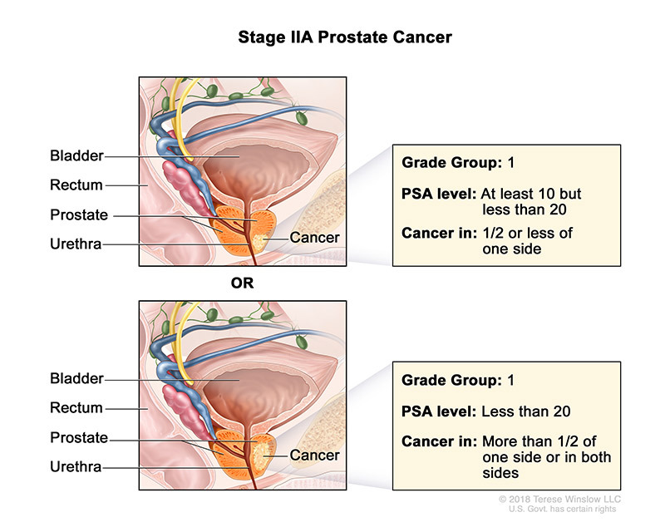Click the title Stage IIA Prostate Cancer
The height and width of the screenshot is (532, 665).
click(332, 38)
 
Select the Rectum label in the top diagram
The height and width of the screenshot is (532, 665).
click(76, 185)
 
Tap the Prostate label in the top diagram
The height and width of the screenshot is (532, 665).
click(78, 215)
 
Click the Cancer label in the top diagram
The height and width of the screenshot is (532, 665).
click(314, 239)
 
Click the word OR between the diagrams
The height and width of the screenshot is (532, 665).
click(241, 283)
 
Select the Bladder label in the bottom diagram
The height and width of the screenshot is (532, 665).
click(77, 379)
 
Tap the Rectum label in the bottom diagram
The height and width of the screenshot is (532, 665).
click(76, 408)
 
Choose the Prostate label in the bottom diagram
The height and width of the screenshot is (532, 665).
click(78, 438)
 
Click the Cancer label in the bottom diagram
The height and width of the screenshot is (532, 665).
click(314, 456)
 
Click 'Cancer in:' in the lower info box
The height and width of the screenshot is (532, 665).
click(436, 441)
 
